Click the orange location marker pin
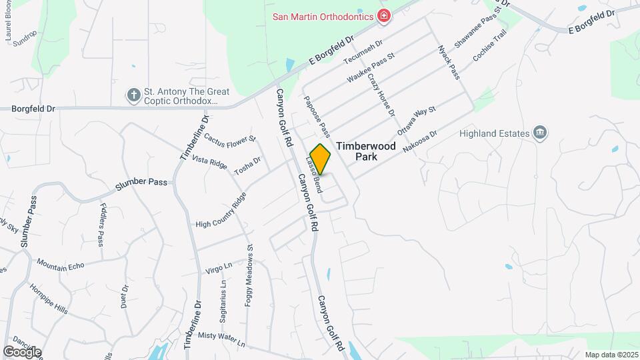[x=321, y=159]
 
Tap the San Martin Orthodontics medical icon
[x=383, y=15]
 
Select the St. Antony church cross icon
[x=133, y=95]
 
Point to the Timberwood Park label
[x=366, y=151]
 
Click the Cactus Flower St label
[x=230, y=139]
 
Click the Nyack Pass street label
[x=449, y=62]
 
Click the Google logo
[x=22, y=352]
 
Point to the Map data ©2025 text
[x=611, y=355]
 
